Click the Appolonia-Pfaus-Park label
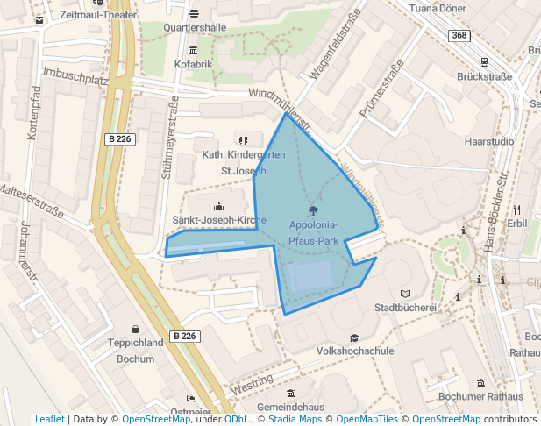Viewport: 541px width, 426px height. coord(314,232)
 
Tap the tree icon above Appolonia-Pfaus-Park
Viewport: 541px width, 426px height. coord(313,211)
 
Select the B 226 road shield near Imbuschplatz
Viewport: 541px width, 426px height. coord(119,138)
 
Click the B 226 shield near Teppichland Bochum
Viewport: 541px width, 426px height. coord(184,336)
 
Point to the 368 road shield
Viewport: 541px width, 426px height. coord(459,35)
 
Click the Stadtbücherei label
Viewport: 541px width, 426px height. coord(405,308)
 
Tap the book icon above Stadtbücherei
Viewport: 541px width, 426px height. coord(404,293)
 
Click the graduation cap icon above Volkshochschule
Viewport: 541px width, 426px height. coord(354,337)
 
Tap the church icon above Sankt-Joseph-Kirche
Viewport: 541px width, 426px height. coord(218,206)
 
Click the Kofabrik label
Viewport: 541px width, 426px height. coord(193,64)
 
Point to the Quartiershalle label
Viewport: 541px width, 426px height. coord(195,27)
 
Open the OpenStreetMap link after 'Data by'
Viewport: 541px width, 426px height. coord(156,419)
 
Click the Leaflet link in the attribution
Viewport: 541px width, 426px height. coord(50,419)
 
